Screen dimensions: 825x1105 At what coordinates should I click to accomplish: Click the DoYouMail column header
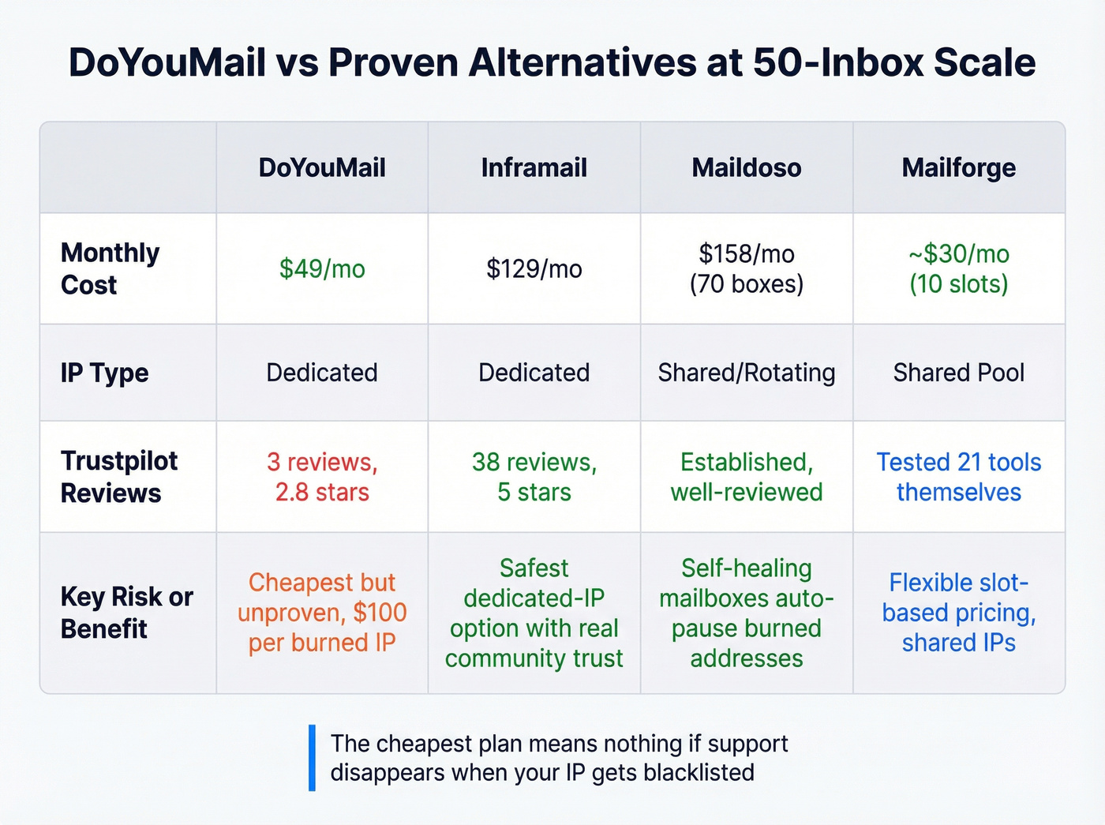(x=322, y=167)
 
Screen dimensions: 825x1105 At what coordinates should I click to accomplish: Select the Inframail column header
(x=534, y=167)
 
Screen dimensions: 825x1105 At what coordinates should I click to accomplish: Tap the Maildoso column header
(x=746, y=167)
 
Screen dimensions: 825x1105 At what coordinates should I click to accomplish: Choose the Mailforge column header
(x=958, y=167)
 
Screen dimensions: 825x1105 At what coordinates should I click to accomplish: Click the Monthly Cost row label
(x=110, y=268)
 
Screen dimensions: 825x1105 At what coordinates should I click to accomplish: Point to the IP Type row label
(x=104, y=373)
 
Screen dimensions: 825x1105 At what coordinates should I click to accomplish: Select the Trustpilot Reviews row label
(x=118, y=477)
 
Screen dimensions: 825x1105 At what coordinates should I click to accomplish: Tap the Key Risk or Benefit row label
(x=126, y=613)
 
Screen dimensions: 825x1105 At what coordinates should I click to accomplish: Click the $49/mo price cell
(x=322, y=268)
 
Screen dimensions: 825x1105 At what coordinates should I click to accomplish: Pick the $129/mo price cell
(x=534, y=268)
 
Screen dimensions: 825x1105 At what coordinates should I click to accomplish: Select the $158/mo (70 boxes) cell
(x=746, y=268)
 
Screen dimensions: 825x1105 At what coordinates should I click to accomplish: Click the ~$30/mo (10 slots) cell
(x=958, y=268)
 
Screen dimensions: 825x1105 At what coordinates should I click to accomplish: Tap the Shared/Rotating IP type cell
(x=746, y=373)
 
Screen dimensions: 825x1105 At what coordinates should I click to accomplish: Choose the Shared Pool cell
(x=958, y=373)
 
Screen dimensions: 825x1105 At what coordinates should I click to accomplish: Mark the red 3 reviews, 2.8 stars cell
(x=322, y=477)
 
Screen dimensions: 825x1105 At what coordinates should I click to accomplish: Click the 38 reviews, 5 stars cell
(x=534, y=477)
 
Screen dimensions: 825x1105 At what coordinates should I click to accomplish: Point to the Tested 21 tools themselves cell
(x=958, y=477)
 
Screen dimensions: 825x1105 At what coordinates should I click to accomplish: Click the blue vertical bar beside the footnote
(x=312, y=758)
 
